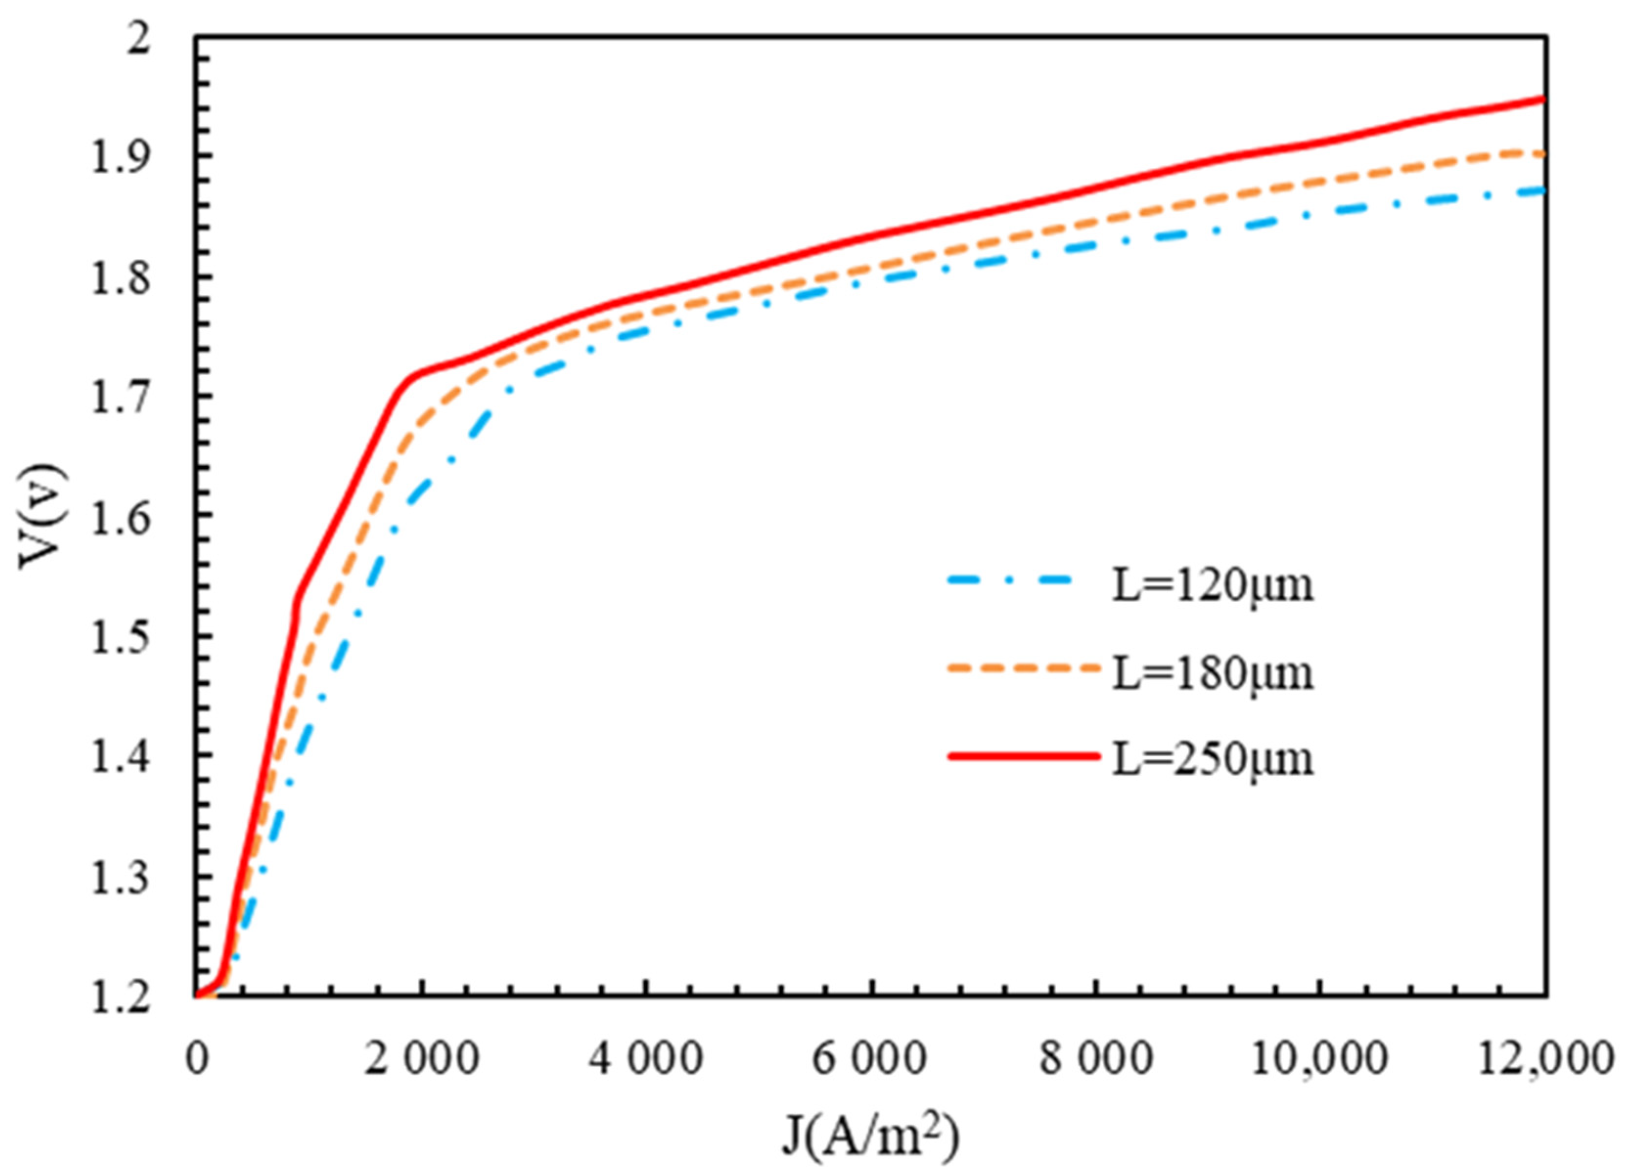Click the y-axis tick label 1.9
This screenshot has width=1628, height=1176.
tap(120, 157)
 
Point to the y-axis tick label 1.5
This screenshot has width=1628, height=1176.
tap(120, 637)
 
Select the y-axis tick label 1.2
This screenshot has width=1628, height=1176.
tap(120, 998)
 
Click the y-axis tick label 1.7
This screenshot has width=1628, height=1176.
tap(120, 397)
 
